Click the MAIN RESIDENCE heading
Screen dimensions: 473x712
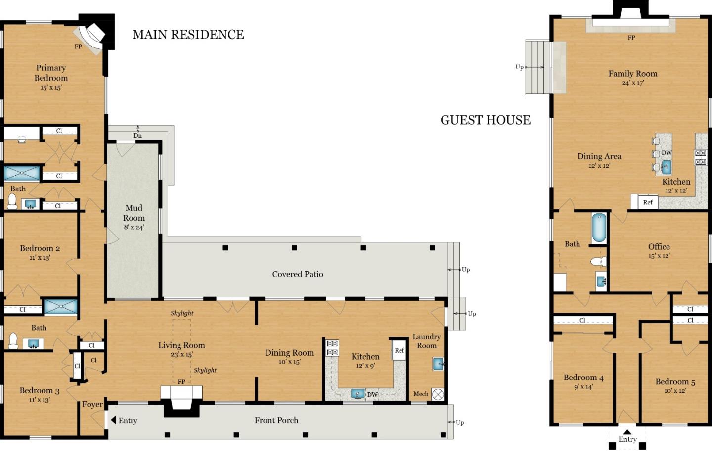[188, 35]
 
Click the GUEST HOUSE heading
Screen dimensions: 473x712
[485, 120]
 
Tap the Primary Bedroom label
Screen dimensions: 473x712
[51, 73]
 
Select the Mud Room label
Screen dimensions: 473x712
[133, 213]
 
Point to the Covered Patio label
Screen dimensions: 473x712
[298, 274]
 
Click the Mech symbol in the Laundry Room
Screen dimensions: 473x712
[438, 394]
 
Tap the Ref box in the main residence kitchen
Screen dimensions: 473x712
[400, 350]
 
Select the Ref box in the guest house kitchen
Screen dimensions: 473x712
[648, 202]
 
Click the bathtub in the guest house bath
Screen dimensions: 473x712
[599, 228]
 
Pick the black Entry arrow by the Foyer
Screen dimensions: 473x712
[113, 420]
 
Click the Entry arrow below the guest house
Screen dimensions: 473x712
[627, 431]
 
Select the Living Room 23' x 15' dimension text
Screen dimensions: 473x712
[181, 354]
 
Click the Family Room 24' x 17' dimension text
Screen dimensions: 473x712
[632, 83]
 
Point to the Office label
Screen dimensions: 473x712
[659, 246]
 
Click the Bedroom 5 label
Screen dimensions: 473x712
[675, 382]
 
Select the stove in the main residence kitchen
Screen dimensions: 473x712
[332, 348]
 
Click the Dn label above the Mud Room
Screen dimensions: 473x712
[137, 136]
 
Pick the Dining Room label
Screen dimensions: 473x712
[289, 353]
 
